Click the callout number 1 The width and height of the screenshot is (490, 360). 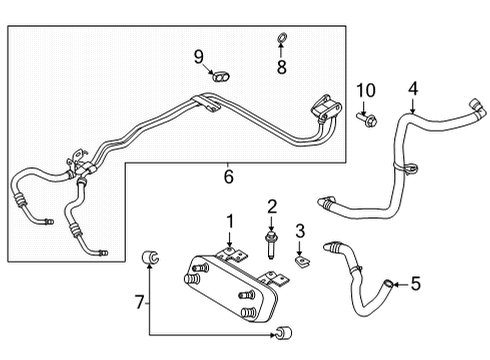(x=229, y=221)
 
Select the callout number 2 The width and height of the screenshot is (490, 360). (x=271, y=207)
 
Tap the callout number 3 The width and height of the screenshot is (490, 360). (x=298, y=233)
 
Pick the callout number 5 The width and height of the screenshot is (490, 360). (x=416, y=283)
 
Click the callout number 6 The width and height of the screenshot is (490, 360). (x=228, y=177)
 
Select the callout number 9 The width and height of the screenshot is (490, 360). (x=198, y=56)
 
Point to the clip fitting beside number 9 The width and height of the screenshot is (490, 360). (x=220, y=74)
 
